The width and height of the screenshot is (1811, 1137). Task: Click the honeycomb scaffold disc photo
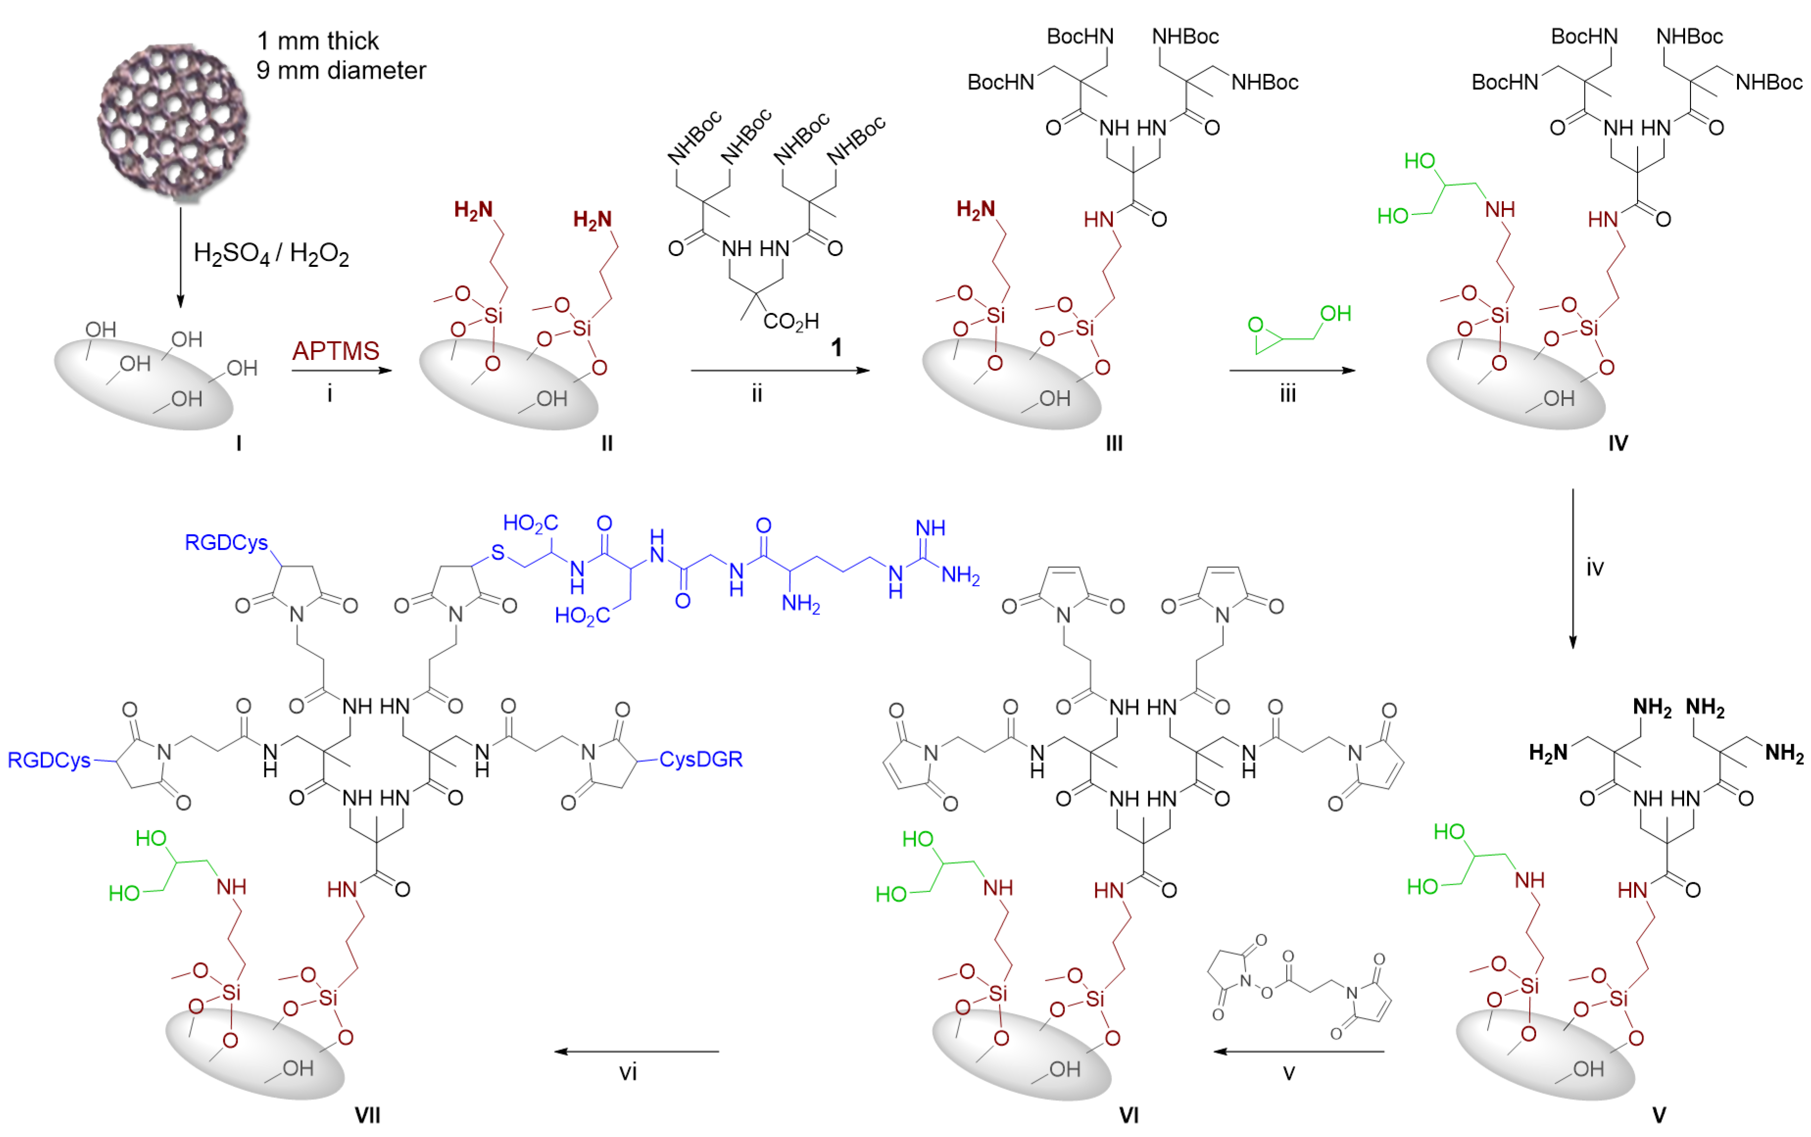tap(173, 120)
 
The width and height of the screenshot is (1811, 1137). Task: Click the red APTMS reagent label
tap(336, 351)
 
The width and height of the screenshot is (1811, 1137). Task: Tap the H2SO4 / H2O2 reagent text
tap(271, 254)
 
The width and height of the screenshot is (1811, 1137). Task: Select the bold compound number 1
tap(836, 348)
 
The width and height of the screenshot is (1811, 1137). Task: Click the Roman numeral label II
tap(607, 444)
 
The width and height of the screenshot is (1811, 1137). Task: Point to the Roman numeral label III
tap(1114, 444)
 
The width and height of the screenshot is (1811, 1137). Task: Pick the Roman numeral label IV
tap(1618, 444)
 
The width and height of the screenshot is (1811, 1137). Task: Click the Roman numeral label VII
tap(367, 1115)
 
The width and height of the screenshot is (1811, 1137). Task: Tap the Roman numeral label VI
tap(1128, 1115)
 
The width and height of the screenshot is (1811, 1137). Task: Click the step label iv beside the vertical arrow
tap(1594, 568)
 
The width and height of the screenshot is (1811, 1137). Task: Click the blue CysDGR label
tap(701, 759)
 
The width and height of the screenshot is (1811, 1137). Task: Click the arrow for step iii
tap(1292, 370)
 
